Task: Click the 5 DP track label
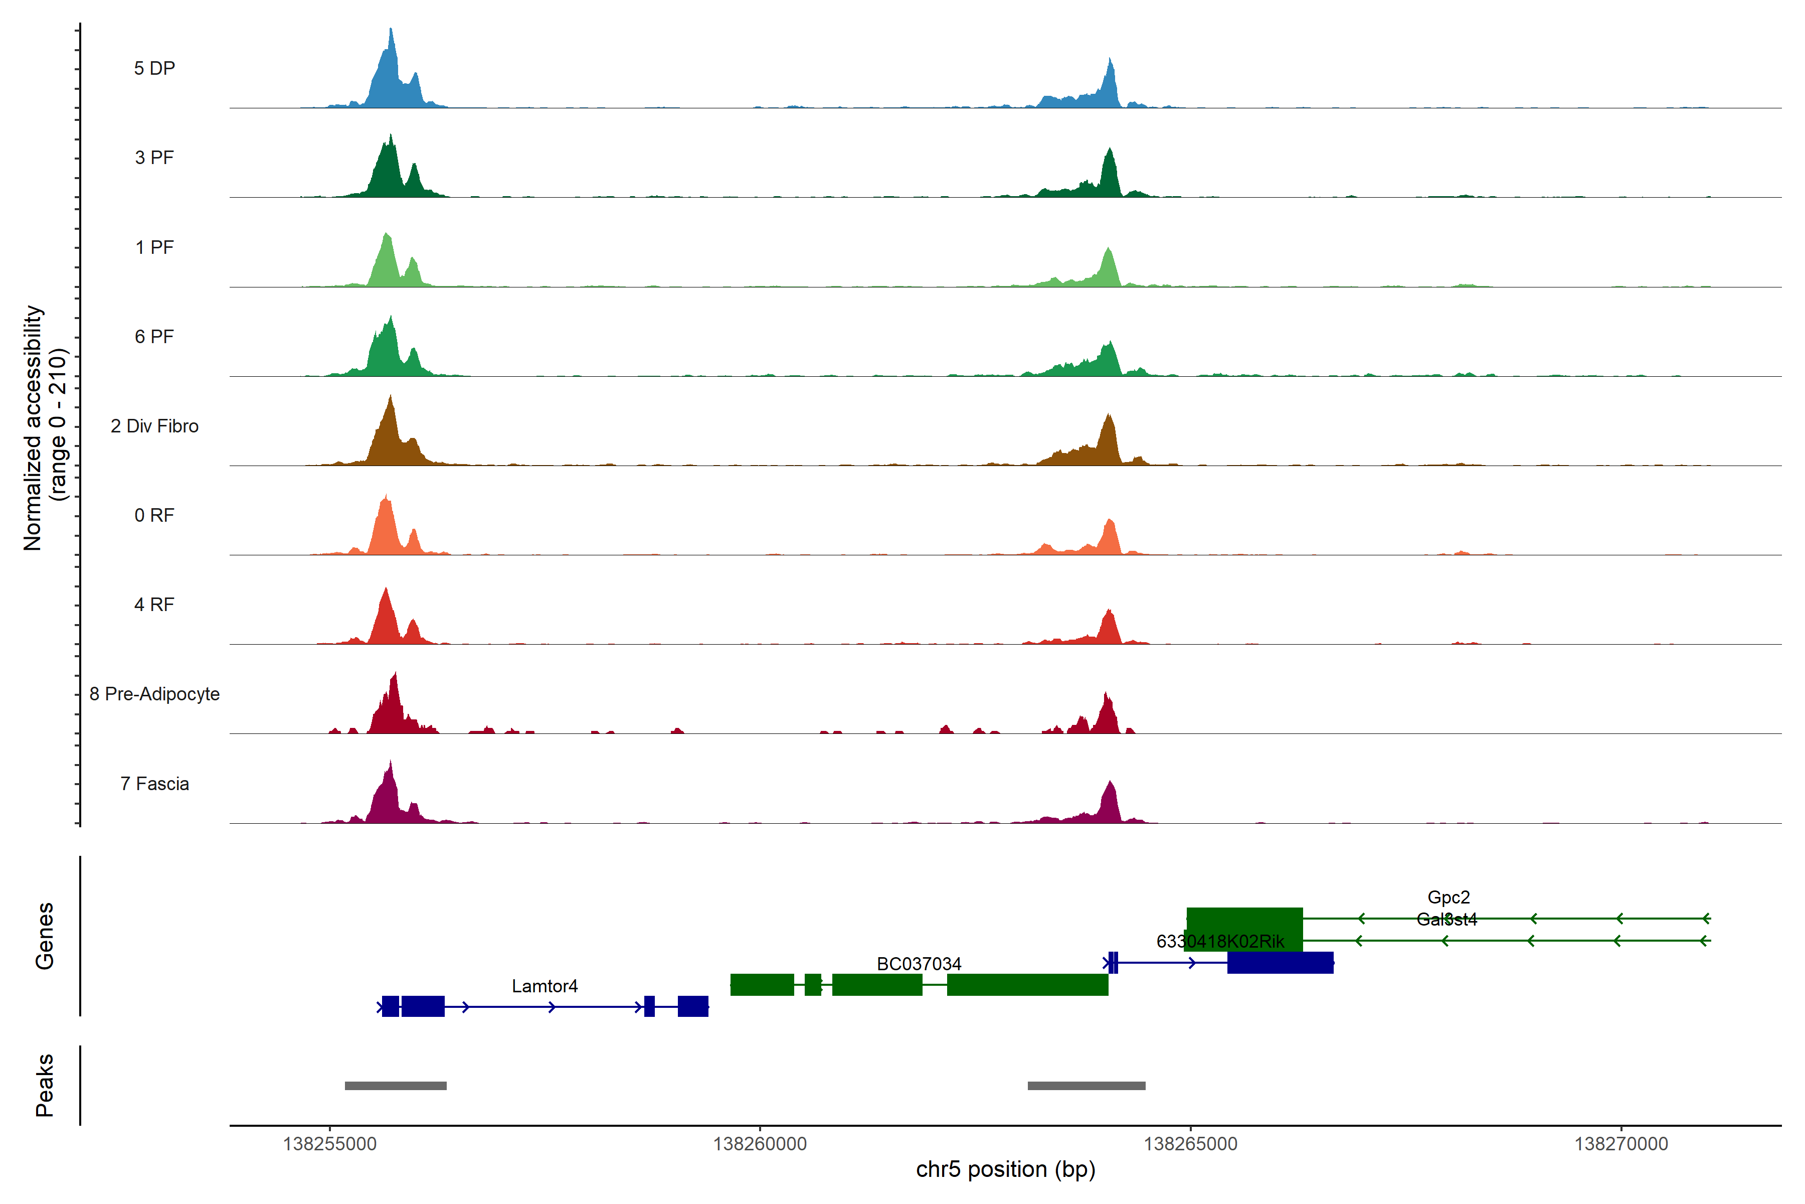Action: [154, 68]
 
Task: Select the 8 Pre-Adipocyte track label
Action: [154, 694]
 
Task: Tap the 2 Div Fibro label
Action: [154, 426]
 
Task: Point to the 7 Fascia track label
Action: [154, 784]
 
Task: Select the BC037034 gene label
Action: [919, 964]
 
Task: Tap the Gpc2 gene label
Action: [1448, 897]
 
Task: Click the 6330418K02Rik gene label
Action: [1219, 942]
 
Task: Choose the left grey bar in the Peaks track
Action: [395, 1086]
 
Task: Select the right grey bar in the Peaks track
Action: [1086, 1086]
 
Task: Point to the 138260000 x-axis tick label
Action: [760, 1144]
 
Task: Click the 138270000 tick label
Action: [1621, 1144]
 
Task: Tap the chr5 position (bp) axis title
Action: [1005, 1169]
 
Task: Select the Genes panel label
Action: [45, 936]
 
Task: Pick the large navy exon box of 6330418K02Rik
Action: [1280, 963]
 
